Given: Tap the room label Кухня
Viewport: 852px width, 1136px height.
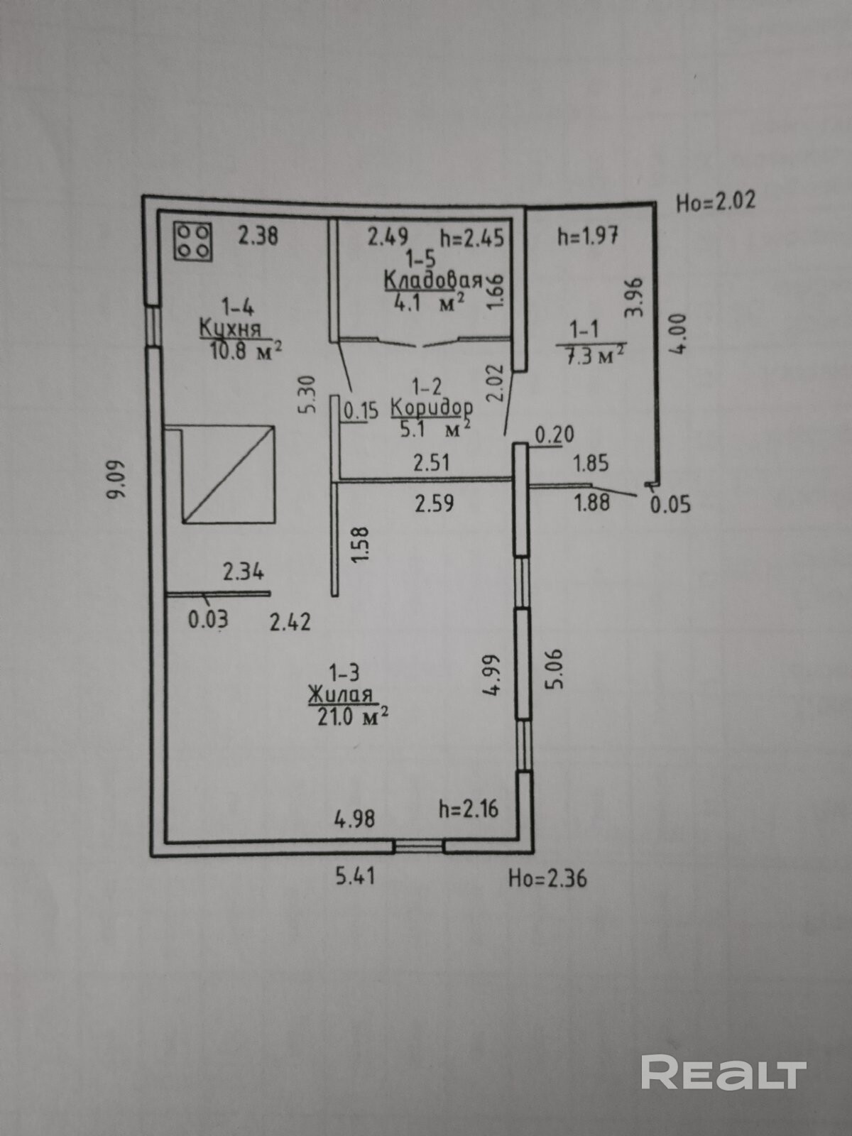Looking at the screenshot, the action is [230, 329].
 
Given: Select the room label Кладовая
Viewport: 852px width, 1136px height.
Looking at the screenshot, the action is [432, 280].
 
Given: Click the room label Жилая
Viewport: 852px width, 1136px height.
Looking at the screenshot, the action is [340, 695].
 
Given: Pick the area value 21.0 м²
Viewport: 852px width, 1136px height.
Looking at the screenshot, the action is [352, 716].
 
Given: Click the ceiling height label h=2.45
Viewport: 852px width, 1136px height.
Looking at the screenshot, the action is [472, 236].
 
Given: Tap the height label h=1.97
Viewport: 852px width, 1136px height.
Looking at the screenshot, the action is [588, 235].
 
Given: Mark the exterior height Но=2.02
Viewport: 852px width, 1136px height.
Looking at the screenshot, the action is [715, 202].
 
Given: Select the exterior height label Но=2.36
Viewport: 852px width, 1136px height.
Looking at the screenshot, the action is [547, 879].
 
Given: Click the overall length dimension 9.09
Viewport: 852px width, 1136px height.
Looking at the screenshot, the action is [116, 480].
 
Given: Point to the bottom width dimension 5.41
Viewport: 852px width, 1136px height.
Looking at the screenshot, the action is [355, 876].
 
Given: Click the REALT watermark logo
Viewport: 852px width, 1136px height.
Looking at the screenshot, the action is [723, 1073].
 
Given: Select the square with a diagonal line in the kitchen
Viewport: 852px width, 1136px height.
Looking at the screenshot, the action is [228, 474].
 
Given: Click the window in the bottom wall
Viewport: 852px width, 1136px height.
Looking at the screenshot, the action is [419, 846].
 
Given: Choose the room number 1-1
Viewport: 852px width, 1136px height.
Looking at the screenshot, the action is [584, 329].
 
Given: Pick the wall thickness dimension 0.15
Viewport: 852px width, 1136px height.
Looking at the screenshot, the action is [361, 411].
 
